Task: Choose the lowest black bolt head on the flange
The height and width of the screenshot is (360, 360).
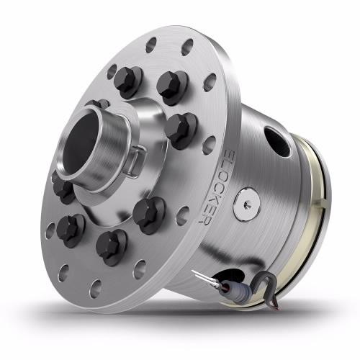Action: click(x=112, y=245)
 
